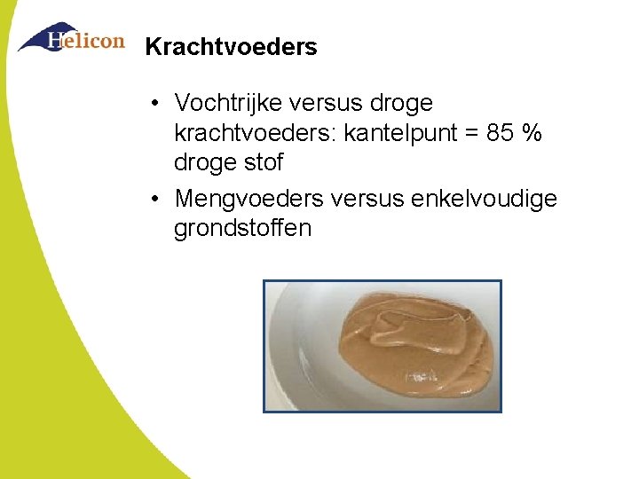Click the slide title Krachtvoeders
[231, 47]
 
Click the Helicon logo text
[86, 42]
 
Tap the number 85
[503, 134]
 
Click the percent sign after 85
[533, 134]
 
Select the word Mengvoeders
[249, 198]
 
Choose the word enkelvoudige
[485, 199]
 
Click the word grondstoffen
[242, 229]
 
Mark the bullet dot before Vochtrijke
[154, 105]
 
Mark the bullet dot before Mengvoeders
[154, 199]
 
